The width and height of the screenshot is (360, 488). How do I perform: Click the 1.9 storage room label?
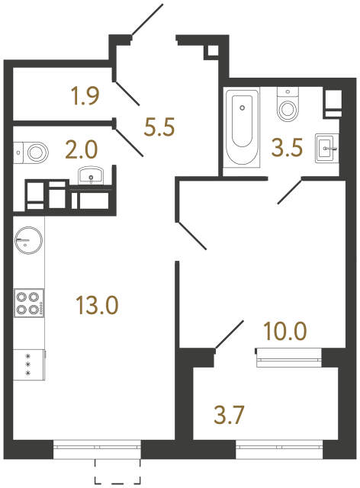84,97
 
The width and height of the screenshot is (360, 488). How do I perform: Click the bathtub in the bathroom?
242,126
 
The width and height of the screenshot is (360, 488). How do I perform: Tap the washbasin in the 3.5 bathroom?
323,147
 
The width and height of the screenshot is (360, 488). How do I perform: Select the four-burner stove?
28,303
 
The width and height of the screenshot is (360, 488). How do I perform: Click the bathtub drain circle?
242,108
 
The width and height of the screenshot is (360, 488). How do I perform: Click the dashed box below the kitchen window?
117,473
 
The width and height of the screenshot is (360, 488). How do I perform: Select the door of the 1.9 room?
127,92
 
